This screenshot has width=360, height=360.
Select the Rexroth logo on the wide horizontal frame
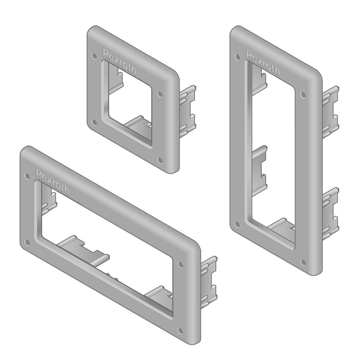click(x=52, y=181)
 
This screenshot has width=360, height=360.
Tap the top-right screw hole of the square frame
click(x=160, y=94)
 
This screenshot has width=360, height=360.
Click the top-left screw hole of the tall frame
click(x=236, y=57)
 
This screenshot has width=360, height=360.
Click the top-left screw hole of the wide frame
click(x=26, y=176)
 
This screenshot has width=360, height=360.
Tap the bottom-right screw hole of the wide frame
click(x=181, y=330)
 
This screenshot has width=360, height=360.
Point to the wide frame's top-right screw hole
click(x=181, y=264)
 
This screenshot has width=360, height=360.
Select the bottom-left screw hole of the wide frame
click(x=26, y=242)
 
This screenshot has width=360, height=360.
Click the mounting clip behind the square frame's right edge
click(x=187, y=112)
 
